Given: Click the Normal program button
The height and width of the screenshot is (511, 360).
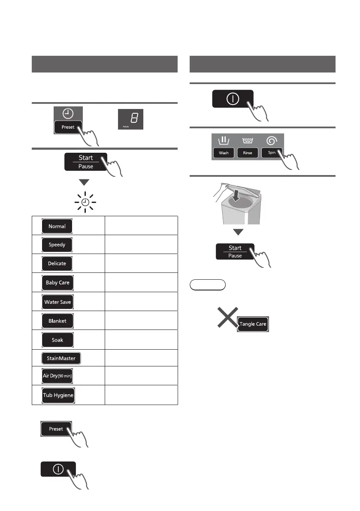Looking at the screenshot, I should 57,226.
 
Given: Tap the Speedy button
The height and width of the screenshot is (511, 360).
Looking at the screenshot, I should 57,245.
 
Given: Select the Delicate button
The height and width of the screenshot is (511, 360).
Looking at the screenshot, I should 57,263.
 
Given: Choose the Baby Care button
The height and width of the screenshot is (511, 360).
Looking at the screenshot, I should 57,283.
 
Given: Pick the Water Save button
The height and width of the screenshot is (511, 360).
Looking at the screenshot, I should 57,302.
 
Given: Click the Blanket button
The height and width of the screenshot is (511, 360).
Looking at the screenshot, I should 57,321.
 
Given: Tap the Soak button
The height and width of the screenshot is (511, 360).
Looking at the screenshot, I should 57,340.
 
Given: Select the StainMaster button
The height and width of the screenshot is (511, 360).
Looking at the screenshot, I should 61,358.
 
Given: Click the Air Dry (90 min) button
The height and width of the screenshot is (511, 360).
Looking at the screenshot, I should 58,376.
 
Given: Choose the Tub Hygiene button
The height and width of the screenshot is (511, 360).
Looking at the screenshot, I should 58,396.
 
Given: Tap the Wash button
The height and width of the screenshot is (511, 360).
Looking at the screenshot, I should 224,153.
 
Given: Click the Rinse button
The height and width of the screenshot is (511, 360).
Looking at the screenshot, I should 248,153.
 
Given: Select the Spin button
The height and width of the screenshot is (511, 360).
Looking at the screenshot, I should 272,152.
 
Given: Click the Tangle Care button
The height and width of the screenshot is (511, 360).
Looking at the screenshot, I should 253,324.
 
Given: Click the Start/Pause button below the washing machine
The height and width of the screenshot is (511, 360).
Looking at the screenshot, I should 235,251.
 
